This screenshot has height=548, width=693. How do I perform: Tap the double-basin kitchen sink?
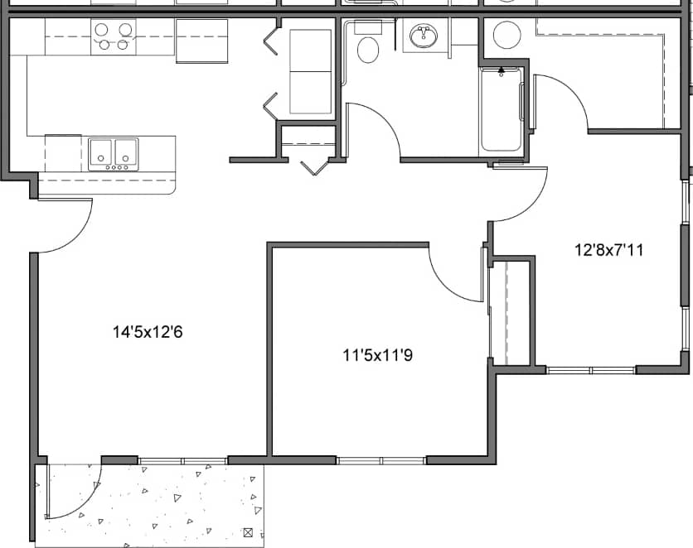(114, 154)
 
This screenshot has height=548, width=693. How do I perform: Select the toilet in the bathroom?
(367, 46)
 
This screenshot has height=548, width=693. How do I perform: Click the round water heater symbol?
(506, 35)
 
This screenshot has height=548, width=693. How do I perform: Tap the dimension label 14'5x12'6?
(148, 333)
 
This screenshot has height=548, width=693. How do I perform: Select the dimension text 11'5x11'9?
(377, 356)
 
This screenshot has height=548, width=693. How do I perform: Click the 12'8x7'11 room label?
(609, 248)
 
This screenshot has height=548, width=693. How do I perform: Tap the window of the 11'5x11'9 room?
(380, 460)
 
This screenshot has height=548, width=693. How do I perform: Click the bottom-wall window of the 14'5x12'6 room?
(182, 460)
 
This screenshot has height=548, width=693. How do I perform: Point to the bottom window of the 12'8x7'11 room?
(590, 370)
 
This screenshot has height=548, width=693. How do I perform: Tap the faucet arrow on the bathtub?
(501, 73)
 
